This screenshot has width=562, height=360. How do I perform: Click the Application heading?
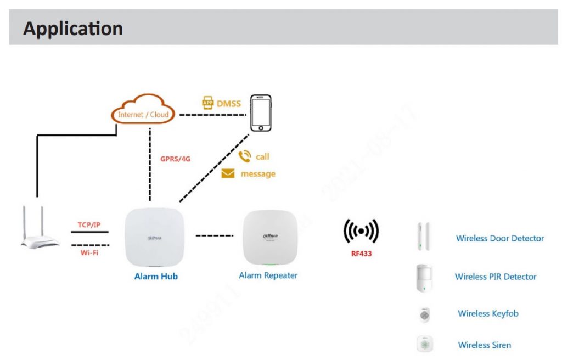pos(73,28)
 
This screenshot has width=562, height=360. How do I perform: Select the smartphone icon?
pos(261,113)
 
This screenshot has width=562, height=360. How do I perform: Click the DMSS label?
pos(228,103)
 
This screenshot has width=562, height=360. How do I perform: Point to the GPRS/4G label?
pos(176,159)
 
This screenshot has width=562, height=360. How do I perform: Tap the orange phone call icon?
pos(245,156)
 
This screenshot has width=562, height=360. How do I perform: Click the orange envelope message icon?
pos(228,173)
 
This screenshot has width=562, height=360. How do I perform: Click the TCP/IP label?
pos(90,225)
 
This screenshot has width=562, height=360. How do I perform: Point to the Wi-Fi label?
pos(90,253)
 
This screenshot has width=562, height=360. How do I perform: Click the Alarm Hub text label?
pos(156,277)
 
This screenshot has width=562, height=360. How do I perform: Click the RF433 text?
pos(361,254)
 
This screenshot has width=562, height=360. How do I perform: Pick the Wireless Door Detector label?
pos(500,238)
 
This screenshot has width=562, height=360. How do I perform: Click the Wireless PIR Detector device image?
pos(424,277)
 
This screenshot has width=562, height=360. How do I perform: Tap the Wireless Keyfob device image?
pos(424,314)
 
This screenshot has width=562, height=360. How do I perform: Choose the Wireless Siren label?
pos(485,345)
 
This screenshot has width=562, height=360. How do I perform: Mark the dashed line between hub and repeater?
pos(214,236)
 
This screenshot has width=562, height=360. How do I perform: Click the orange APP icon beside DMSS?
pos(207,103)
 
